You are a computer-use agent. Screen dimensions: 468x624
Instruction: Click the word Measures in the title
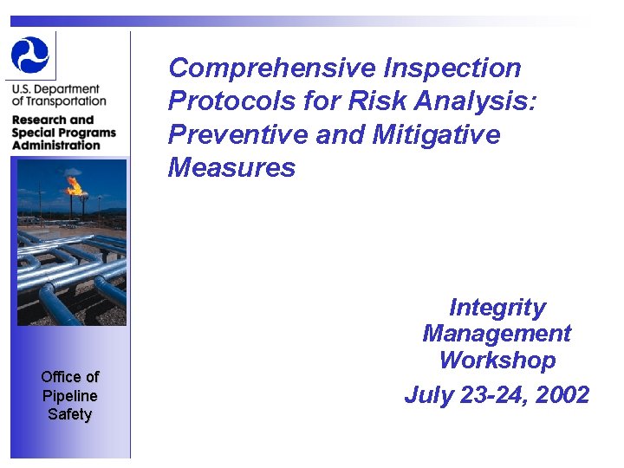pos(231,167)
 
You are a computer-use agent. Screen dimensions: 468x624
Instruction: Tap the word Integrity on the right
pos(497,308)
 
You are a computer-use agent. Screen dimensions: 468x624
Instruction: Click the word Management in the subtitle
pos(497,334)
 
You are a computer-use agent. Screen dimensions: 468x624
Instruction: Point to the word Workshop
pos(497,360)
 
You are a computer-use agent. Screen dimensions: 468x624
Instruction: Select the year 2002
pos(562,395)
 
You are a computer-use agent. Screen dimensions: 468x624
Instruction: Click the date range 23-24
pos(488,395)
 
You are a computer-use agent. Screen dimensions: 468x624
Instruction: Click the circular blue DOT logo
pos(30,55)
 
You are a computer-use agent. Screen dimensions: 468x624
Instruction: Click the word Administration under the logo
pos(56,145)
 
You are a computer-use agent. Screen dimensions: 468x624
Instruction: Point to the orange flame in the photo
pos(75,185)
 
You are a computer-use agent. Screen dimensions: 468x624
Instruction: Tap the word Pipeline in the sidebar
pos(70,395)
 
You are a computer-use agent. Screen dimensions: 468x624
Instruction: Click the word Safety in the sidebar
pos(70,414)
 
